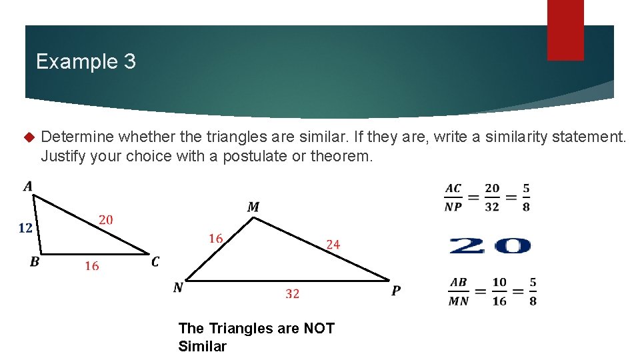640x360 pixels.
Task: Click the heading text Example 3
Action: tap(86, 62)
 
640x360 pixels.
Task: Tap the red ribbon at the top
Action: tap(565, 29)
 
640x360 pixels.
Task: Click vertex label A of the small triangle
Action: tap(28, 186)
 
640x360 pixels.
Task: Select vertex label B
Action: tap(35, 262)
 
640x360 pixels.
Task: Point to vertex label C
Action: tap(155, 262)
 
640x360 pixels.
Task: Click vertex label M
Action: tap(253, 207)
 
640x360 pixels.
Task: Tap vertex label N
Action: tap(178, 288)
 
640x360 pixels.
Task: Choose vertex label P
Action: tap(396, 291)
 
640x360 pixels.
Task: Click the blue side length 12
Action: tap(25, 228)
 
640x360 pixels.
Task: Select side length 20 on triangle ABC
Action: tap(105, 219)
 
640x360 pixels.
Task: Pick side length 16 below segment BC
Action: tap(92, 266)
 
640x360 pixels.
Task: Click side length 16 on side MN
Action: tap(215, 239)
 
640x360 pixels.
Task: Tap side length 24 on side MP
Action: tap(333, 245)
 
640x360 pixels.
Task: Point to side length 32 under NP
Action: tap(292, 293)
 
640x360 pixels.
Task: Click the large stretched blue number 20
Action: tap(490, 246)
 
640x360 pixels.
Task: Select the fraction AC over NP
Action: tap(453, 197)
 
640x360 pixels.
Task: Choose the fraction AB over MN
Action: tap(458, 291)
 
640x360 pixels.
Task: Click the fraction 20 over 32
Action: tap(492, 197)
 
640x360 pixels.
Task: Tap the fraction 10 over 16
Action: tap(499, 291)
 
